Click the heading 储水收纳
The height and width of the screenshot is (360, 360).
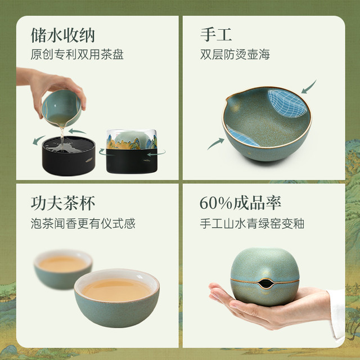point(62,35)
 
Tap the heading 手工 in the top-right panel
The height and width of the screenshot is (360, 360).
point(216,35)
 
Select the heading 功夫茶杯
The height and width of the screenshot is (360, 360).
point(62,203)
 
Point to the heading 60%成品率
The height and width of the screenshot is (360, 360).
point(240,203)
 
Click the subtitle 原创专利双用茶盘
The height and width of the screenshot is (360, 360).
point(77,55)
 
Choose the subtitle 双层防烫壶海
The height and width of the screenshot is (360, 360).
point(235,55)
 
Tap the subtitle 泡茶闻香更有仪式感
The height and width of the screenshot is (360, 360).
point(83,223)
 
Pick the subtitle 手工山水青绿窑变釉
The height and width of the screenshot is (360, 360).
point(252,223)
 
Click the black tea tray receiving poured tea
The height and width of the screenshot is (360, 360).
point(69,156)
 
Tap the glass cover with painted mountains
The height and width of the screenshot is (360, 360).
point(132,139)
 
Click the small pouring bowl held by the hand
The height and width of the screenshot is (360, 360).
point(61,108)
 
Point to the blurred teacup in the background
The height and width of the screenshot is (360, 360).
point(63,269)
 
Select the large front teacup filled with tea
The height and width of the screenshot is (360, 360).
point(116,298)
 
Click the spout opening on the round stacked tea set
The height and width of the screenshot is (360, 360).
point(265,283)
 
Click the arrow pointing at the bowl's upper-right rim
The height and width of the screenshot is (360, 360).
point(308,87)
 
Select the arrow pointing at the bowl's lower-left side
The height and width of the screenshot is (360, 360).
point(215,143)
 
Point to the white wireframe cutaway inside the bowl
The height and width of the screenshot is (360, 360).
point(287,103)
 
